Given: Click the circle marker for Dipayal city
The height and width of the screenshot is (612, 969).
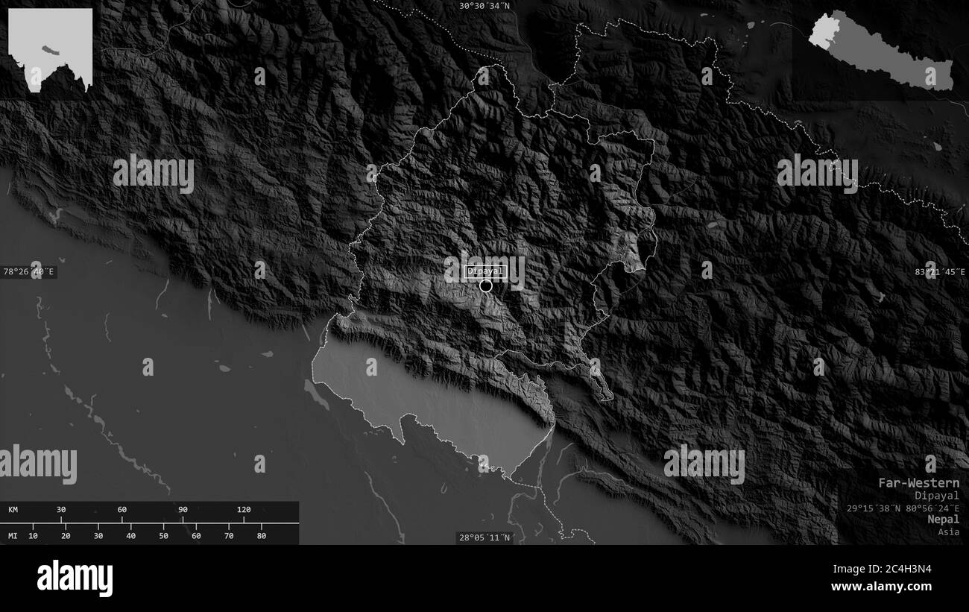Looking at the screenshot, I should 486,286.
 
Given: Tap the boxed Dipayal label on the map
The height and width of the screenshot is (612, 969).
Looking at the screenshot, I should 485,272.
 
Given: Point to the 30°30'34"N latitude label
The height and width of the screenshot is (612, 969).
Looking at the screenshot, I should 484,6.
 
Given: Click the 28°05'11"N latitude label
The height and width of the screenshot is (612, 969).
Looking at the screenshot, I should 484,537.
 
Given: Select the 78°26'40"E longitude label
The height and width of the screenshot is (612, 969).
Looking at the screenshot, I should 29,272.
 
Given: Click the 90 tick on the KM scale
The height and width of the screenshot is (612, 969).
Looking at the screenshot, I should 183,510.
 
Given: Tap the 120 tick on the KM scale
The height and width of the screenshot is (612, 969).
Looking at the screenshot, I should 244,510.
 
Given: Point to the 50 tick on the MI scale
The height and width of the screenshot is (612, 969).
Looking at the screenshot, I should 163,535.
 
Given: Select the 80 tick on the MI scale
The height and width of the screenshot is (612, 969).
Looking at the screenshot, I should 261,535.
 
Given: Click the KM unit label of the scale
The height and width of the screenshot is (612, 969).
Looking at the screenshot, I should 13,510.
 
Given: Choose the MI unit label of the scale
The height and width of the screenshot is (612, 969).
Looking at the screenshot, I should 13,535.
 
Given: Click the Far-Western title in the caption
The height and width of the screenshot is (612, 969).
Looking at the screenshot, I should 918,482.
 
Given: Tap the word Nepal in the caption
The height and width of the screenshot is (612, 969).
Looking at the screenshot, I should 944,519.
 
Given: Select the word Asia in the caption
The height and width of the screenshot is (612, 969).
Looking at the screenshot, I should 949,531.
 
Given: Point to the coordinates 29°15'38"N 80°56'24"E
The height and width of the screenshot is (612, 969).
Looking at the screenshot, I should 903,508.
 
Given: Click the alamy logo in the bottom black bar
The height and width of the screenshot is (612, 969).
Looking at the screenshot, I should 75,578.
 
